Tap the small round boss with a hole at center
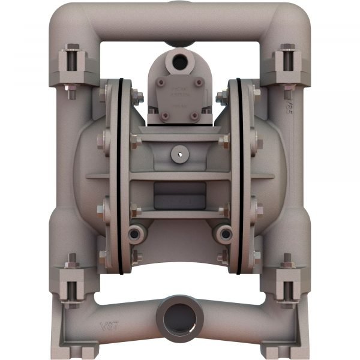click(179, 154)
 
